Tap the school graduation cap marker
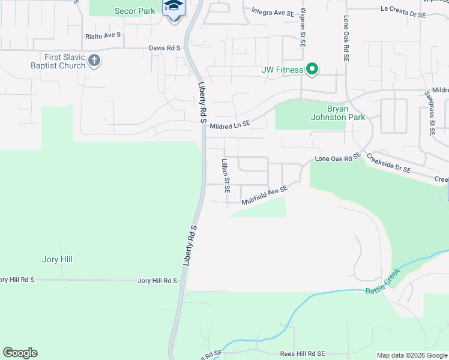pyautogui.click(x=174, y=7)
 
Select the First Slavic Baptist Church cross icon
pyautogui.click(x=94, y=61)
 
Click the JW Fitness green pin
pyautogui.click(x=312, y=70)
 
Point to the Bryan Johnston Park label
pyautogui.click(x=346, y=113)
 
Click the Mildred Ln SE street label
pyautogui.click(x=230, y=124)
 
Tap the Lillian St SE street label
pyautogui.click(x=226, y=176)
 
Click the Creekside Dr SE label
pyautogui.click(x=389, y=162)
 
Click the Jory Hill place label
pyautogui.click(x=58, y=259)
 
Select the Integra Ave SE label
pyautogui.click(x=273, y=12)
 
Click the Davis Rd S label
pyautogui.click(x=165, y=48)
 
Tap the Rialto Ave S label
pyautogui.click(x=103, y=35)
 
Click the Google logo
pyautogui.click(x=20, y=353)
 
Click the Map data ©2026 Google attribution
pyautogui.click(x=412, y=355)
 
